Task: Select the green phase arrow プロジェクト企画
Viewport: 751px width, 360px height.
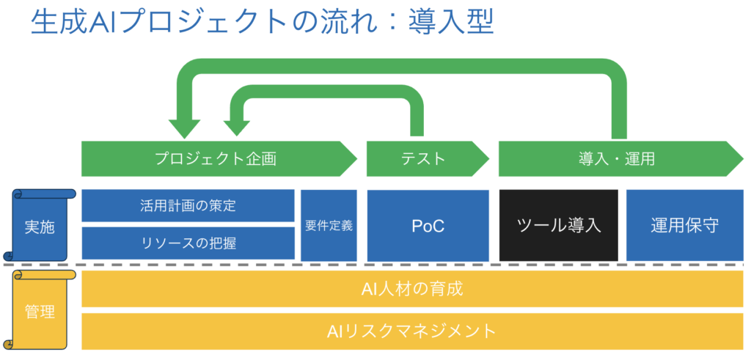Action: pos(216,159)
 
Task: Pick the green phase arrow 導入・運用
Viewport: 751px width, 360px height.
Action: pos(616,159)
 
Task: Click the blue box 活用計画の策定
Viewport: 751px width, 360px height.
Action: pos(188,206)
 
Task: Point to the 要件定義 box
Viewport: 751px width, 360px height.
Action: pos(329,225)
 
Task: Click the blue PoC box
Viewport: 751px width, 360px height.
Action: pos(428,225)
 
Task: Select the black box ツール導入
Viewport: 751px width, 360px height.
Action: pos(559,225)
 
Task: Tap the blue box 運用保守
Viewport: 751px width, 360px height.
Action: pos(684,225)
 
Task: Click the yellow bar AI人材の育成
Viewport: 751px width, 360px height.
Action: pos(412,289)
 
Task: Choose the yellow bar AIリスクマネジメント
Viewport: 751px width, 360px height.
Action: pos(412,331)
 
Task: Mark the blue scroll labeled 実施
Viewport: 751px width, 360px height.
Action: pos(40,226)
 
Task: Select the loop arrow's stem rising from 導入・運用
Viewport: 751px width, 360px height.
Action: pos(618,110)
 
